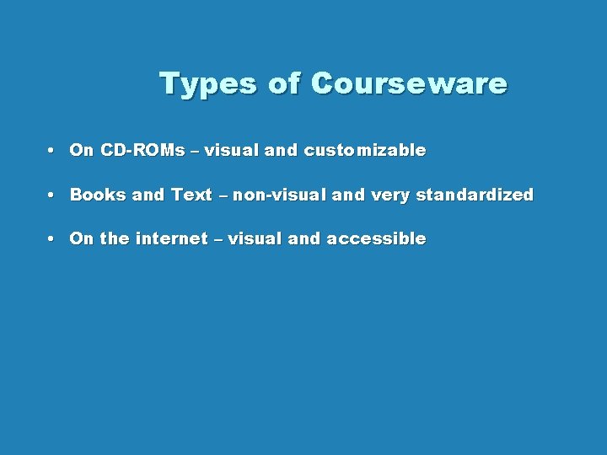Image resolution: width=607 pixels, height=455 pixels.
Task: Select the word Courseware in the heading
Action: [x=409, y=84]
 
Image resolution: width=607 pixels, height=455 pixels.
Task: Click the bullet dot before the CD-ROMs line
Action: [x=52, y=151]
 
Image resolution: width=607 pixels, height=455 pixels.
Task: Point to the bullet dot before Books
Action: [x=52, y=195]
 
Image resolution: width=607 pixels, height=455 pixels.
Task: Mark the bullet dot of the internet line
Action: [x=52, y=238]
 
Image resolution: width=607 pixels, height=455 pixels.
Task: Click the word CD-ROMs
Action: [x=142, y=151]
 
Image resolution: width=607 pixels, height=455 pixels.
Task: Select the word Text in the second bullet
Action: [x=191, y=195]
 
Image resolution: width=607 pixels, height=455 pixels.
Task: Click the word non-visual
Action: [x=280, y=195]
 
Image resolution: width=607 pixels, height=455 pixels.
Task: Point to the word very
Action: [x=389, y=195]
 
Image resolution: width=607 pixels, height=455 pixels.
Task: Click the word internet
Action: [x=171, y=238]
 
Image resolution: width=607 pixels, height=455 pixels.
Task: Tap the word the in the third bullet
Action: [x=114, y=238]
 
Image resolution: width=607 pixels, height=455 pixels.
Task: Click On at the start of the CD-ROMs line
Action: [x=82, y=151]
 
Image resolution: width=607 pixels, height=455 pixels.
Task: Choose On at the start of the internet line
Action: [x=82, y=238]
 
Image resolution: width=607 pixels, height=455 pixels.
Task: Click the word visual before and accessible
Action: [x=255, y=238]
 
